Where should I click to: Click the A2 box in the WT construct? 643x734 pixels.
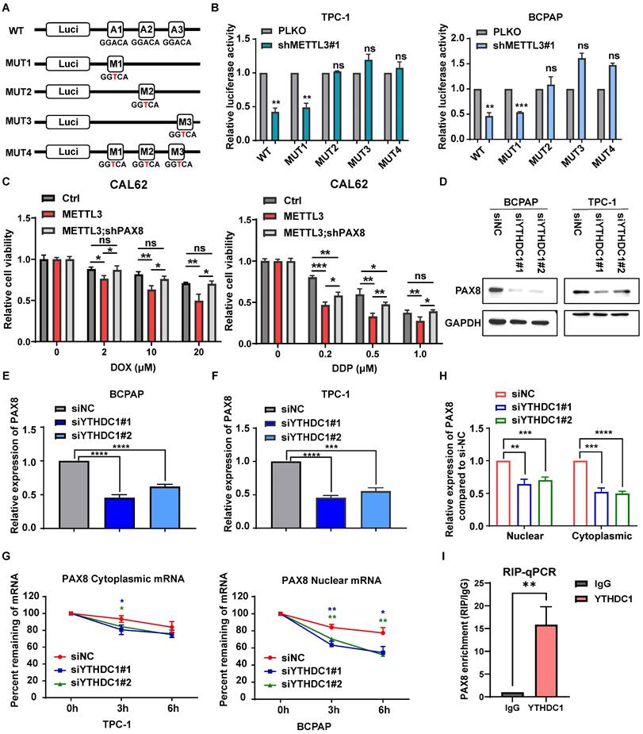[147, 29]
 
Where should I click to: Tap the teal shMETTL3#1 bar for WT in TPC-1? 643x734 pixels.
[274, 125]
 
